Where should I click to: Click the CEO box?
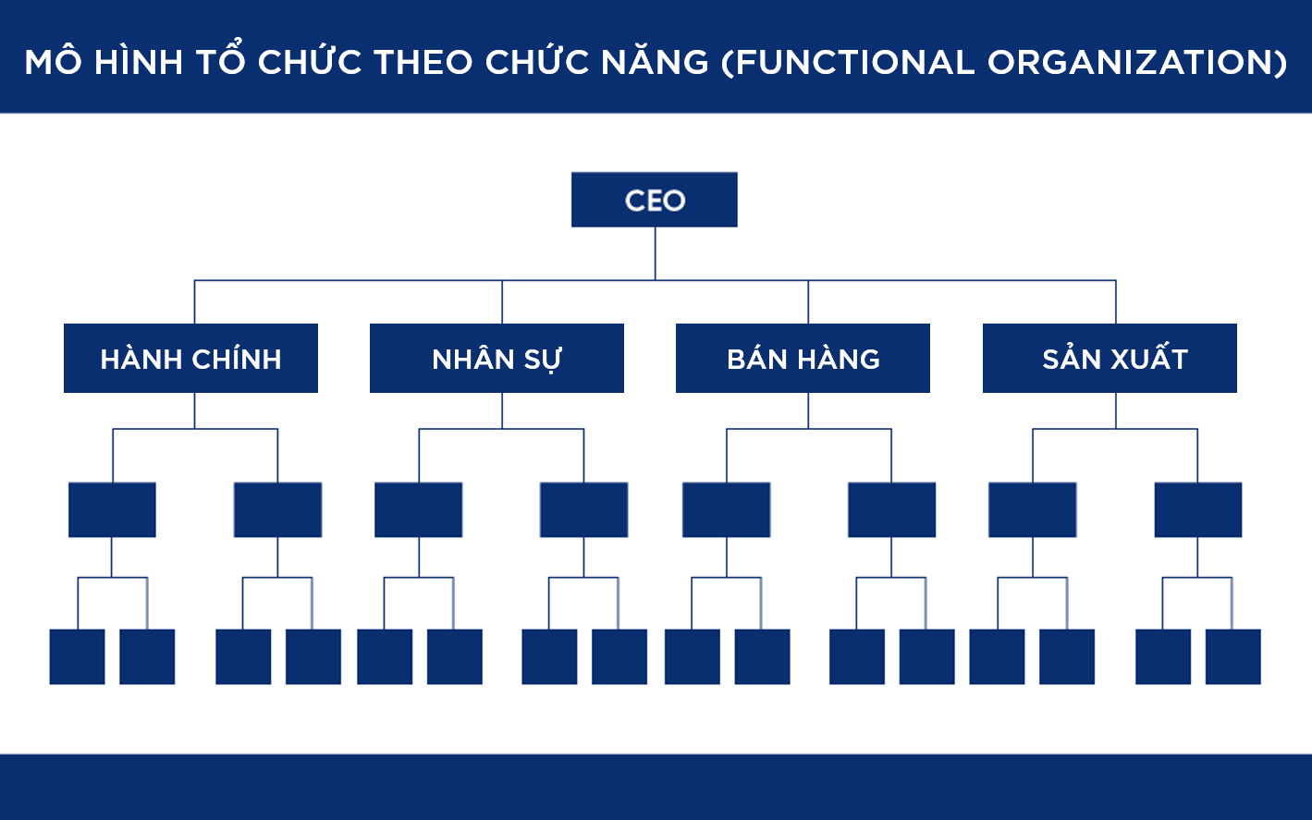click(x=655, y=200)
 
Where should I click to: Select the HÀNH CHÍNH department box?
click(x=191, y=358)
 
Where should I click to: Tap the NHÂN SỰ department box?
click(x=497, y=358)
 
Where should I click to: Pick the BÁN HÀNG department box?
click(x=803, y=358)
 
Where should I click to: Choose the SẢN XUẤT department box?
click(x=1110, y=358)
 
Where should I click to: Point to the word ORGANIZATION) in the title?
click(x=1137, y=62)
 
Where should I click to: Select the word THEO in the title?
click(x=423, y=62)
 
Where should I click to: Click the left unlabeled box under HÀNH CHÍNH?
click(x=113, y=509)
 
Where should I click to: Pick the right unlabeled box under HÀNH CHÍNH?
click(x=277, y=509)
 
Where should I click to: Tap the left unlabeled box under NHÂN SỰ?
click(x=418, y=509)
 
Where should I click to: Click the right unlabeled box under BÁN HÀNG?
click(x=891, y=509)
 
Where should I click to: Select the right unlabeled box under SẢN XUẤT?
click(x=1197, y=509)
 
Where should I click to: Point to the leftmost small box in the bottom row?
click(x=78, y=656)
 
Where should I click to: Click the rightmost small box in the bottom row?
click(x=1232, y=656)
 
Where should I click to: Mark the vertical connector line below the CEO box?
click(x=655, y=253)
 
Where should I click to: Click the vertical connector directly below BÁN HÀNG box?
click(x=808, y=410)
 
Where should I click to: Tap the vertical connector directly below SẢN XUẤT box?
click(x=1116, y=410)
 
